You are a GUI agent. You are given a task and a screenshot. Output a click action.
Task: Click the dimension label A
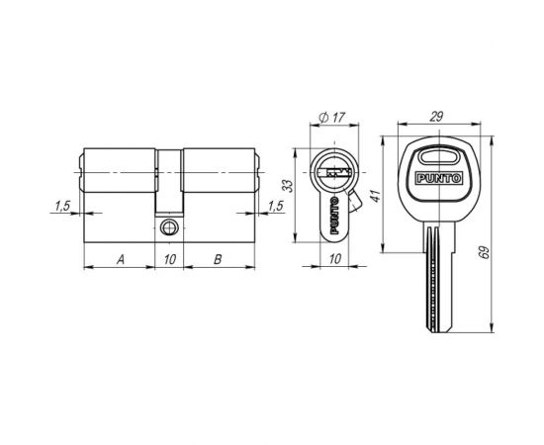(x=121, y=259)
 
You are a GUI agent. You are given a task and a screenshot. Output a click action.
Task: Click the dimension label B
(x=218, y=259)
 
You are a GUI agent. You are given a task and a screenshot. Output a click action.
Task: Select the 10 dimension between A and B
(x=170, y=259)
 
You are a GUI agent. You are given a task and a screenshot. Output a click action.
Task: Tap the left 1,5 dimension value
(x=62, y=206)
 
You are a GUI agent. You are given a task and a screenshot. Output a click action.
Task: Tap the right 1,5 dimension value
(x=276, y=206)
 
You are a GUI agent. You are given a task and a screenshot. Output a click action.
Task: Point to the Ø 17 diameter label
(x=332, y=118)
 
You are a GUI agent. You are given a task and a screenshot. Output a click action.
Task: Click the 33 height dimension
(x=288, y=186)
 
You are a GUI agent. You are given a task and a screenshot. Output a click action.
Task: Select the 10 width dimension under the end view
(x=334, y=259)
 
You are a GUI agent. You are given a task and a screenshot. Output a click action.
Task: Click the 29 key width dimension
(x=436, y=117)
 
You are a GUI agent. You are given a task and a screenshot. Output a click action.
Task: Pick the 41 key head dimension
(x=376, y=196)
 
